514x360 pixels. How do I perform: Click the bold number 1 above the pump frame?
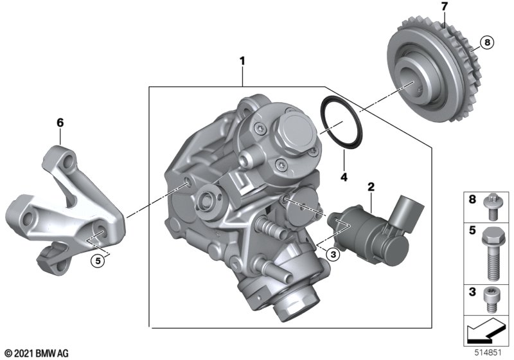[242, 61]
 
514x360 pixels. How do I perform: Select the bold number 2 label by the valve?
[371, 187]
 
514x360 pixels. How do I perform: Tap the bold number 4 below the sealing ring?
[344, 177]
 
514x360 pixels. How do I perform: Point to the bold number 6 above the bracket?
[60, 123]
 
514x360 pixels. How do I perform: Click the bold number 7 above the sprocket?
[444, 7]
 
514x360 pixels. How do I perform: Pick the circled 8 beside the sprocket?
[487, 42]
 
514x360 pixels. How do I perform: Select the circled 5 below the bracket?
[98, 261]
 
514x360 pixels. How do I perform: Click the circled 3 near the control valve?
[333, 254]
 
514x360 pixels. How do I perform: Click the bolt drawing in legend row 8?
[491, 207]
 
